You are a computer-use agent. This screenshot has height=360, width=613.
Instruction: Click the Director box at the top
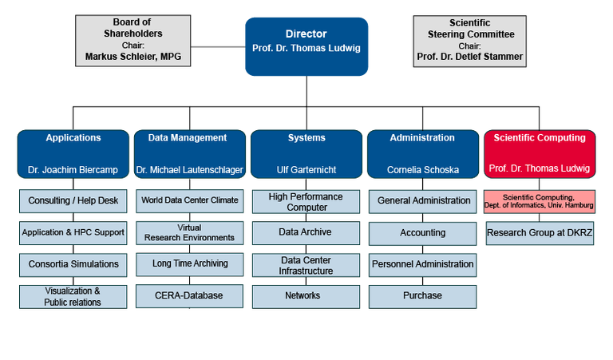pos(306,46)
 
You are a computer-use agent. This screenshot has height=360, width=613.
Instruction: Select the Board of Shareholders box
pos(133,40)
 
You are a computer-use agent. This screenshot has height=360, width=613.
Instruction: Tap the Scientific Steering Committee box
pos(469,40)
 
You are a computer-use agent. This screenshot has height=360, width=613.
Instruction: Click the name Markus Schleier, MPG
pos(133,57)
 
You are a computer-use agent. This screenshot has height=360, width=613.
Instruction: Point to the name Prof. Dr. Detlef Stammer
pos(469,57)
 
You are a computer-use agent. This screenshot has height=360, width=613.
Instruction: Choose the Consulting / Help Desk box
pos(73,200)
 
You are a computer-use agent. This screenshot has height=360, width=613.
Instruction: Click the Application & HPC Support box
pos(73,233)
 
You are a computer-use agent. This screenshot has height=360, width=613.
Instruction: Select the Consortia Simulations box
pos(73,264)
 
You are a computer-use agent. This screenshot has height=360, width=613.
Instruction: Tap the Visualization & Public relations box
pos(73,297)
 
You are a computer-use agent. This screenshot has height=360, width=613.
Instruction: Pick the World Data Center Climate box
pos(190,200)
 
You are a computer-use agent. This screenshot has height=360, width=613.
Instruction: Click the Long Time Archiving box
pos(190,263)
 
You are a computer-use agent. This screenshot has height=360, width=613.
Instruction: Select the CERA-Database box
pos(190,296)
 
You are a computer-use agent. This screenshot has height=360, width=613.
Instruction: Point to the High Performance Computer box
pos(306,202)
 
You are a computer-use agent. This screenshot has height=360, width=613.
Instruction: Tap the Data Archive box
pos(306,233)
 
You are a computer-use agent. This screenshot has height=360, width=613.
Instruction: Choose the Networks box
pos(306,296)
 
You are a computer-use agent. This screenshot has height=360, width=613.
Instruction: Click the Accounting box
pos(422,233)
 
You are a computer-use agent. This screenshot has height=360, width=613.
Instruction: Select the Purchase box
pos(422,296)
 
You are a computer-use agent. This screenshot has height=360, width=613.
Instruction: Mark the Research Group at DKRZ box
pos(540,233)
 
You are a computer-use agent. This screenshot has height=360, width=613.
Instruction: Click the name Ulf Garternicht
pos(306,169)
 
